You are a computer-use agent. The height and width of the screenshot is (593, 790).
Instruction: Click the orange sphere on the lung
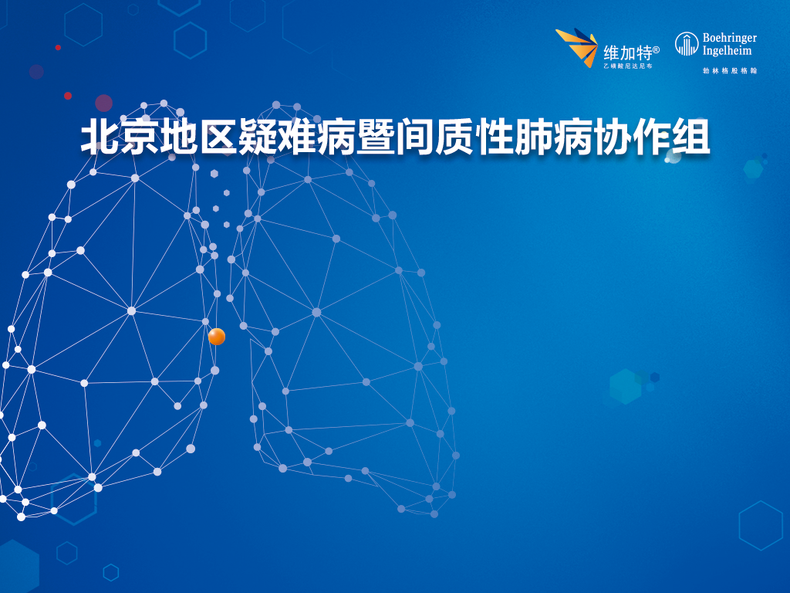(217, 337)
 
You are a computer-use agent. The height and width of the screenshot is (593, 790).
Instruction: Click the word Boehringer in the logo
(730, 38)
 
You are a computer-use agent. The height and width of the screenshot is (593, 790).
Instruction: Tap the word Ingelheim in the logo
(727, 51)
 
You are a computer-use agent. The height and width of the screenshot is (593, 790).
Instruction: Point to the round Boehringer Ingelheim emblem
(686, 43)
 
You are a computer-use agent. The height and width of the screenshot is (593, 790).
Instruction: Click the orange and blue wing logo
(577, 47)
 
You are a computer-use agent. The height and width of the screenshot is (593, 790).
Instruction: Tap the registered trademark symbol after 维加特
(656, 49)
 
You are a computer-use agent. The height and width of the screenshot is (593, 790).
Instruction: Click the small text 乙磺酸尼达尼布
(628, 66)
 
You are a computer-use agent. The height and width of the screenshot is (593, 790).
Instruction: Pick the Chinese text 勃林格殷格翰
(730, 70)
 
